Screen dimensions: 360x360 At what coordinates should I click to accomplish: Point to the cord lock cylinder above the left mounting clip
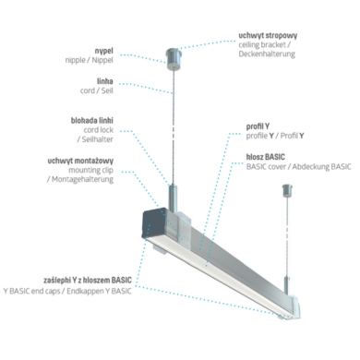[x=174, y=194]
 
